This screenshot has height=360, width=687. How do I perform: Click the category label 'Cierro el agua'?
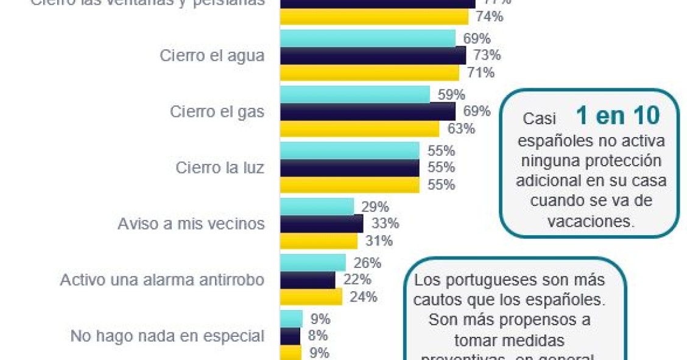[x=212, y=56]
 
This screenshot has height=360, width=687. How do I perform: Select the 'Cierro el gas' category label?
[x=217, y=112]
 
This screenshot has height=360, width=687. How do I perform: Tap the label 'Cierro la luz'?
[x=220, y=168]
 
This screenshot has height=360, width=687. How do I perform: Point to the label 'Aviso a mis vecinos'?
[x=191, y=224]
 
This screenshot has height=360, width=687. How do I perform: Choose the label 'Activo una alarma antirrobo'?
[x=162, y=280]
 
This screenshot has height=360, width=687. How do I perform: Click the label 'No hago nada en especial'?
[x=167, y=336]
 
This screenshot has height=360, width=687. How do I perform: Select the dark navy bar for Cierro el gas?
[x=367, y=111]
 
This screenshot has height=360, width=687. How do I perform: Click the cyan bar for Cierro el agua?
[x=367, y=39]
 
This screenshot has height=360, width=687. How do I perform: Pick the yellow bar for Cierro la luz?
[x=349, y=185]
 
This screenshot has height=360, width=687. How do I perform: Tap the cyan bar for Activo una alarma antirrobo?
[x=312, y=263]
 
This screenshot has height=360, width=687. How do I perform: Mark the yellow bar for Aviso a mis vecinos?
[x=318, y=241]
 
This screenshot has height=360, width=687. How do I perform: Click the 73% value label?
[x=487, y=56]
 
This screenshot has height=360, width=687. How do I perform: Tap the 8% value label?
[x=318, y=336]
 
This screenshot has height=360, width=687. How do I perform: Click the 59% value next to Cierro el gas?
[x=451, y=95]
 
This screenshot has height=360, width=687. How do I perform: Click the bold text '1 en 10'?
[x=618, y=116]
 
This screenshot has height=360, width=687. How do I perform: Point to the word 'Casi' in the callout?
[x=540, y=119]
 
